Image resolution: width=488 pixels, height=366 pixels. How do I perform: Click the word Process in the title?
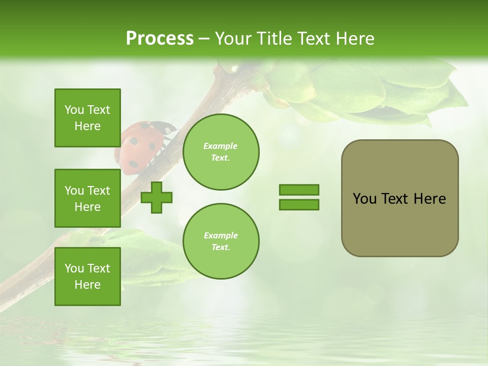[x=160, y=39]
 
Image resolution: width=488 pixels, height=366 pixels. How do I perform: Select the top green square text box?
[x=87, y=118]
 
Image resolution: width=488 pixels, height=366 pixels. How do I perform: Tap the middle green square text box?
[x=87, y=198]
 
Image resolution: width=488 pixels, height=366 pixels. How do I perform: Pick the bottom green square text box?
[x=87, y=277]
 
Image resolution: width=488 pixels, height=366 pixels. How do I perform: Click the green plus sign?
[x=157, y=197]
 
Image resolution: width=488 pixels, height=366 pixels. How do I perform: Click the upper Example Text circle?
[x=221, y=152]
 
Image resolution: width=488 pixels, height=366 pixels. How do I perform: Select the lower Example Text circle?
[x=221, y=241]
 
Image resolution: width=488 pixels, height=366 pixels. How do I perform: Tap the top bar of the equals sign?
[x=299, y=190]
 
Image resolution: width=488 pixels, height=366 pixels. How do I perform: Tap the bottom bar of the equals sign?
[x=299, y=205]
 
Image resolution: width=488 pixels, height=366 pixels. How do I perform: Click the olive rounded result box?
[x=400, y=198]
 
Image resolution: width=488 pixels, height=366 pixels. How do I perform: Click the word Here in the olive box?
[x=430, y=199]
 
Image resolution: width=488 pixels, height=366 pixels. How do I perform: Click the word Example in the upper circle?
[x=220, y=146]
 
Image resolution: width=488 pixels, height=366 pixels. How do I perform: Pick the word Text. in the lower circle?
[x=221, y=248]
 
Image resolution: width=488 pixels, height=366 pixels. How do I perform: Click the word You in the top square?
[x=74, y=110]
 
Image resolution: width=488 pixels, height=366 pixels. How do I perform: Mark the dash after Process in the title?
[x=204, y=39]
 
